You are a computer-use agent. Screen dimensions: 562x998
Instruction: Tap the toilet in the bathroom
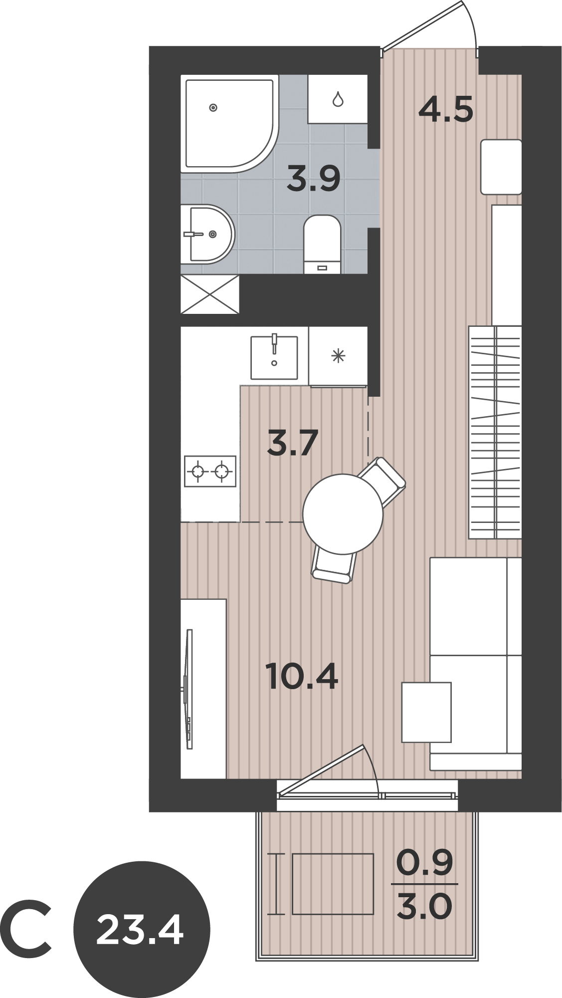[x=322, y=244]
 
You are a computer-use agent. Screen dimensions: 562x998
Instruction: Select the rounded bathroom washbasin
[x=207, y=234]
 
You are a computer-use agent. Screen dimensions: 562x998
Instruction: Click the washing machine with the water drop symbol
[x=338, y=99]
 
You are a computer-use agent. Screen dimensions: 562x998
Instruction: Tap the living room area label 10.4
[x=302, y=676]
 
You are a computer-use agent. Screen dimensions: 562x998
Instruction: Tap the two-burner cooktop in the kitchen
[x=210, y=471]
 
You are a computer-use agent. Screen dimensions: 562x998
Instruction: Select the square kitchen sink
[x=274, y=357]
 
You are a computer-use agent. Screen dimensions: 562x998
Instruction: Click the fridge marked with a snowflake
[x=338, y=356]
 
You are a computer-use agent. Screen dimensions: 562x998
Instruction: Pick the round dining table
[x=343, y=513]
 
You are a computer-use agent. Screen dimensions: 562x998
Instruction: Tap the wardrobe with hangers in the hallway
[x=495, y=432]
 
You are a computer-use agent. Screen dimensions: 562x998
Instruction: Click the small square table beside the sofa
[x=426, y=712]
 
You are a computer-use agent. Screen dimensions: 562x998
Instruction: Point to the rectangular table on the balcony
[x=333, y=884]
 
